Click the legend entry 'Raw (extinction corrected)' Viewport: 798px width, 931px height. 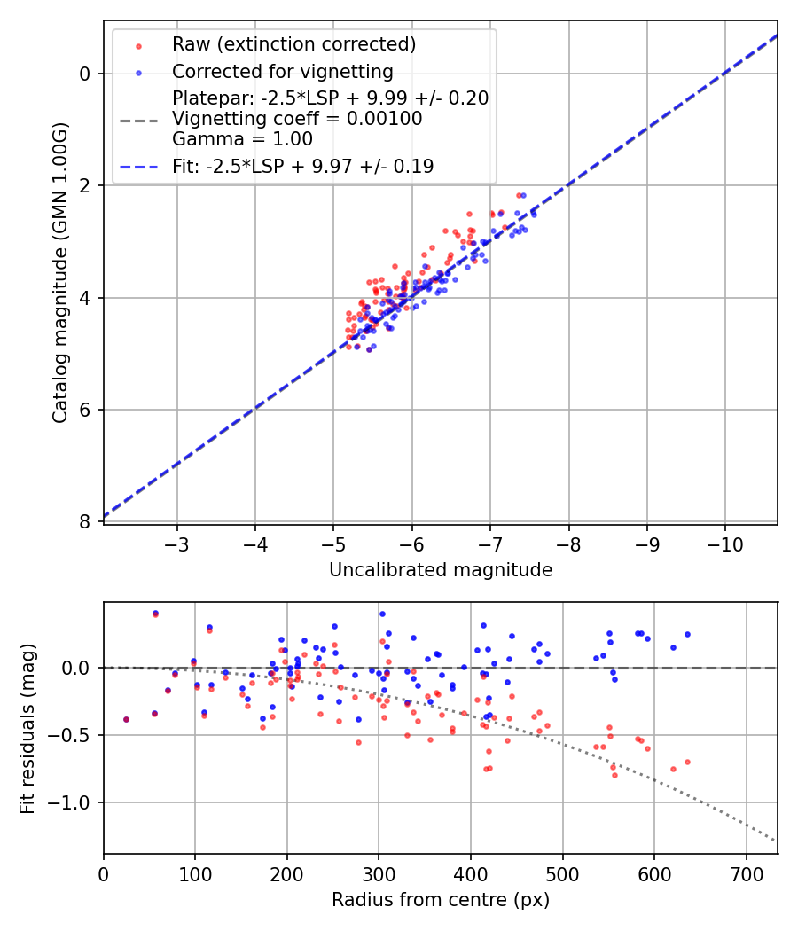[x=293, y=44]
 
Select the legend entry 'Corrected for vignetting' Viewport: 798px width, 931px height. [x=282, y=71]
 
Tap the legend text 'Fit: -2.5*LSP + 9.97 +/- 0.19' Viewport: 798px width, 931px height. [x=302, y=166]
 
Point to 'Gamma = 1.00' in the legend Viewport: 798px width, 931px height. [x=242, y=138]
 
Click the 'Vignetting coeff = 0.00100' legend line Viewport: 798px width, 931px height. [x=297, y=118]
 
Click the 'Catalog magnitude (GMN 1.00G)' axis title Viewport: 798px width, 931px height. [x=59, y=273]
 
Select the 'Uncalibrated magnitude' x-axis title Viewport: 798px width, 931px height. [x=441, y=570]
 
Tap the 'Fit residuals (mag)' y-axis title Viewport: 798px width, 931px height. [x=27, y=728]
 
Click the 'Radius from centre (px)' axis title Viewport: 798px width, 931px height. [x=441, y=900]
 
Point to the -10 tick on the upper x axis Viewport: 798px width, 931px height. [x=725, y=542]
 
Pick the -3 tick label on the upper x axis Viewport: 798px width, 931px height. [x=177, y=542]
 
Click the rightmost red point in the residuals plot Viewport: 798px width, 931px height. [x=687, y=762]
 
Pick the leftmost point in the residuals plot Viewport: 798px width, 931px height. [x=126, y=719]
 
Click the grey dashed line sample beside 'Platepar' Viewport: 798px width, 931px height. [x=138, y=119]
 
